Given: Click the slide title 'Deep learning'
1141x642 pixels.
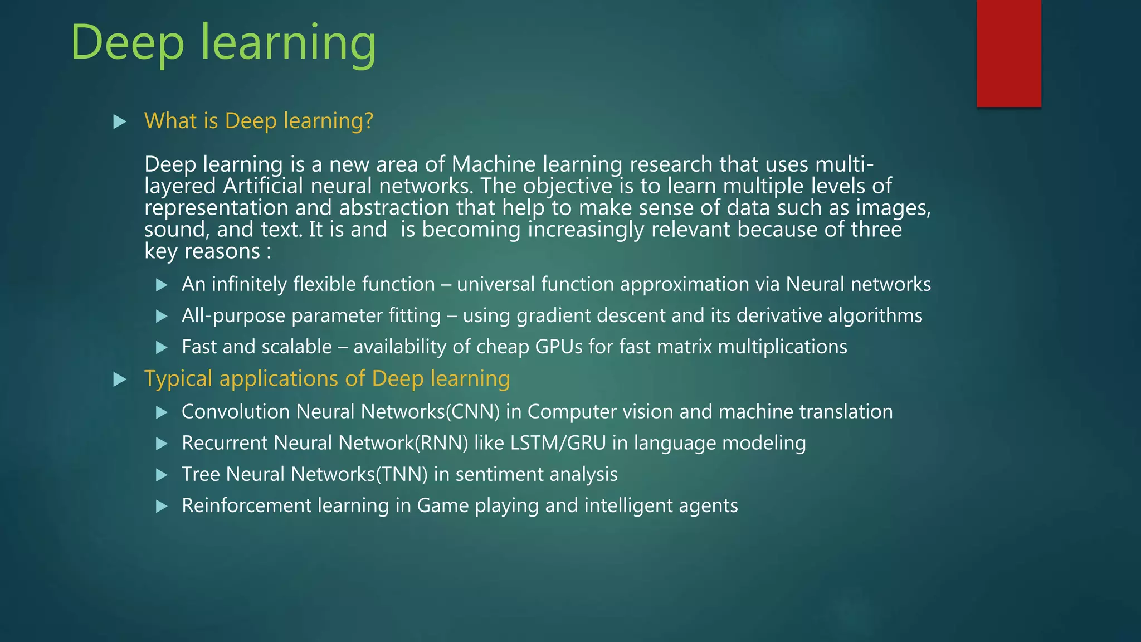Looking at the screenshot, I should pos(223,43).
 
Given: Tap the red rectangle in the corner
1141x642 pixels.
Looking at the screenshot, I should pos(1008,53).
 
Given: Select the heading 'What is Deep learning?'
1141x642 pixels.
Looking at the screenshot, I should pos(259,121).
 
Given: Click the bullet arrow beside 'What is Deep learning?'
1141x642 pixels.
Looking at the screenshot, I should pos(119,121).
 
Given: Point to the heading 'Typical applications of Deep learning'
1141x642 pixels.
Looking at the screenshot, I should pos(327,378).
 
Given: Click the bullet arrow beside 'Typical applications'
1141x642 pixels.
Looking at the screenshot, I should pos(119,380).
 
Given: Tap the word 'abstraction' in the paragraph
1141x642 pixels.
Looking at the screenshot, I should pos(394,208).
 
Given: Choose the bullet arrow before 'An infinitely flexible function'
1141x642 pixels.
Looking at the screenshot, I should pos(162,285).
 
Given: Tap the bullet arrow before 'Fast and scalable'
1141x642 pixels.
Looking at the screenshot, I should pos(162,348).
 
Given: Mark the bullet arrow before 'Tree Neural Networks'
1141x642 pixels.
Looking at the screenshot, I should pos(162,475).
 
